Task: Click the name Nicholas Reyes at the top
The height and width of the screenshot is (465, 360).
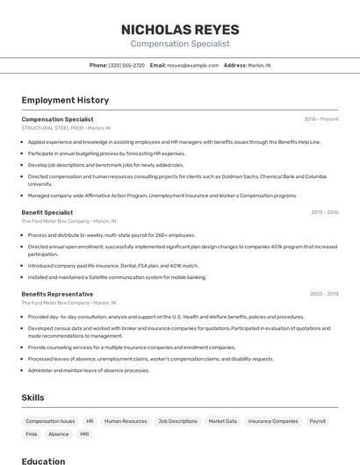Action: tap(180, 29)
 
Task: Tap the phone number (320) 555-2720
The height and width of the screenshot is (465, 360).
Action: tap(126, 65)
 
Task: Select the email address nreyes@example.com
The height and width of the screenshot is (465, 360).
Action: tap(192, 65)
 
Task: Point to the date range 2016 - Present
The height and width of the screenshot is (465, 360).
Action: tap(321, 118)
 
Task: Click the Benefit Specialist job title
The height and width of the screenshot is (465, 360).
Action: tap(47, 212)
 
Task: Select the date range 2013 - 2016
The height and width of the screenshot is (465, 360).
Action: tap(324, 212)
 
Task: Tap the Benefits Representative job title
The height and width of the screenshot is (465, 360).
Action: tap(57, 294)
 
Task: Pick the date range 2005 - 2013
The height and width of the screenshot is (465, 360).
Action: tap(324, 294)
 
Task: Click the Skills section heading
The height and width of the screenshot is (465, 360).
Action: tap(34, 397)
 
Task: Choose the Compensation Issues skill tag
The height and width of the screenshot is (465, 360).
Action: tap(50, 421)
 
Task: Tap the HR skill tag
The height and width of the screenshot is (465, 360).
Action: tap(90, 421)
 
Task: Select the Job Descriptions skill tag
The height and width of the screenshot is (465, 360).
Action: tap(177, 421)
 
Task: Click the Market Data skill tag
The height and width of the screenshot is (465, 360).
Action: tap(222, 421)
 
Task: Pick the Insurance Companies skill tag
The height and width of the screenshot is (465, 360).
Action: tap(272, 421)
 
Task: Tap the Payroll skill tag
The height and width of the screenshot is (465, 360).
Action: tap(317, 421)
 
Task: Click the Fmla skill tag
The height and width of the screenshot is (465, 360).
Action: tap(32, 434)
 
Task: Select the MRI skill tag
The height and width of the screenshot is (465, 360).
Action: tap(84, 434)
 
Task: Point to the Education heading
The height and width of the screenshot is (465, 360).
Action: tap(43, 461)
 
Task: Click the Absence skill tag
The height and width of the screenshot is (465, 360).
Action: tap(58, 434)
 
